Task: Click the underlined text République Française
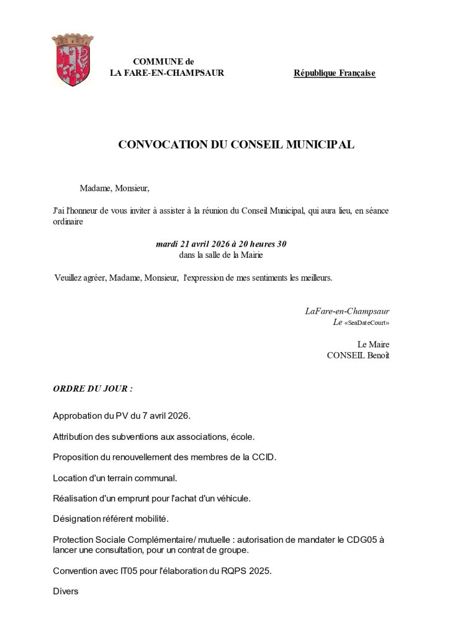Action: tap(335, 73)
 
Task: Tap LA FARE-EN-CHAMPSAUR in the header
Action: tap(166, 73)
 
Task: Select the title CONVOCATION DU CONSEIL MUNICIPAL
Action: tap(236, 145)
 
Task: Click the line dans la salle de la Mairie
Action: tap(221, 255)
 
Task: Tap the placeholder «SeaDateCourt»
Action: tap(367, 323)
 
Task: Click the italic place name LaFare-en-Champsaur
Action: tap(347, 311)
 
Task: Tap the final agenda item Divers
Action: tap(66, 592)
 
